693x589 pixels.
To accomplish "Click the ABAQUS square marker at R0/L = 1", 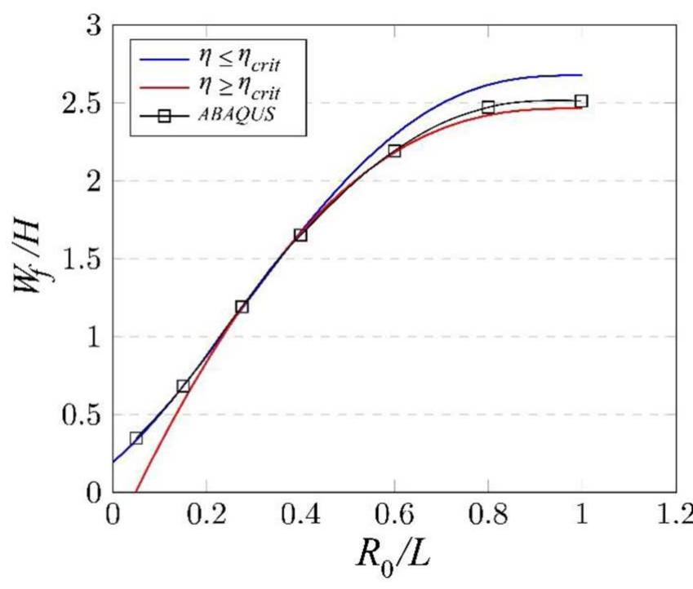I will pos(580,101).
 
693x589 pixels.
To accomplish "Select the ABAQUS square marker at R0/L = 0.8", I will pos(487,107).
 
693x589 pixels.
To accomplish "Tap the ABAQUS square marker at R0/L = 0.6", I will pos(394,151).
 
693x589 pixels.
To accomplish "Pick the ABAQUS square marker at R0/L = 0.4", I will pos(300,235).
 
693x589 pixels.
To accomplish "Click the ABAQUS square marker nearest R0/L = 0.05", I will pos(136,438).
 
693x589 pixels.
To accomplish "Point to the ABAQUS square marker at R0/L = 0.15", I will pos(183,385).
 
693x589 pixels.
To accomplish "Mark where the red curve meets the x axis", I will pos(135,492).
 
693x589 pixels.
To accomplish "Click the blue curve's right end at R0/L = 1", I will pos(581,75).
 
